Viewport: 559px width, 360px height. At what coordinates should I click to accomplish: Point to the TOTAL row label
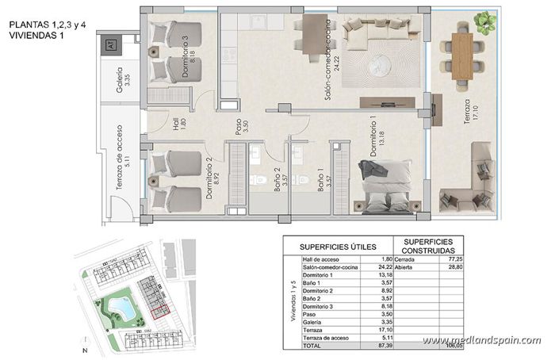[312, 346]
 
